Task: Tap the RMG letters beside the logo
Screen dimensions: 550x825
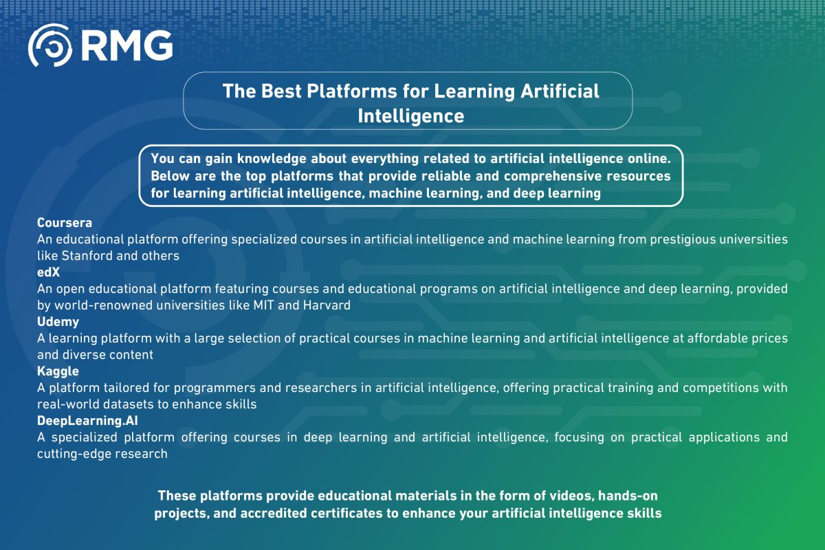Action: coord(128,47)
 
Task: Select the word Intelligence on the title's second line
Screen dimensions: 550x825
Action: coord(410,115)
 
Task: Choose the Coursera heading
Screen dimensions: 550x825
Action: coord(64,223)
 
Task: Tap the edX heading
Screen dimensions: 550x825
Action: coord(48,273)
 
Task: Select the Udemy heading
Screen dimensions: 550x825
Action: coord(58,322)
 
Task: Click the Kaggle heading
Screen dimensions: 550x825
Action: coord(60,371)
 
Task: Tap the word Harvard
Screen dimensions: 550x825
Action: coord(327,305)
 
